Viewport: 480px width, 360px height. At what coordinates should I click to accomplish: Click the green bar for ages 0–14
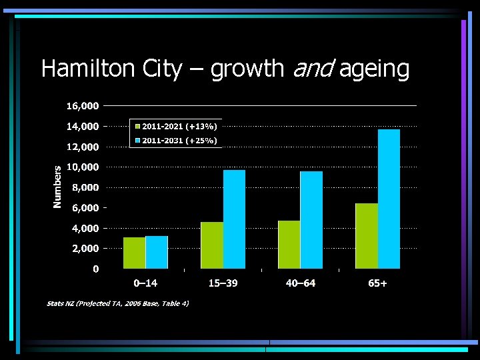coord(134,253)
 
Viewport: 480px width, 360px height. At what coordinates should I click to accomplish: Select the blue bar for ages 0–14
coord(157,252)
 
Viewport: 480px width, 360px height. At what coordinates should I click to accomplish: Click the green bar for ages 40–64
coord(289,244)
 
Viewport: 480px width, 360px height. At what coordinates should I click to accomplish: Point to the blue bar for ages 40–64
coord(311,219)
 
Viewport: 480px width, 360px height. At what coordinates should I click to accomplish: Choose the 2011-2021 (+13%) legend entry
coord(176,126)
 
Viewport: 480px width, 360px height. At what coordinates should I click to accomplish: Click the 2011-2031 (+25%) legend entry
coord(176,140)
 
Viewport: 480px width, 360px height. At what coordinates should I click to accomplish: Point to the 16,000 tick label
coord(83,106)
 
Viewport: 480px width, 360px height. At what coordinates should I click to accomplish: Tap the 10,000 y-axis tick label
coord(83,167)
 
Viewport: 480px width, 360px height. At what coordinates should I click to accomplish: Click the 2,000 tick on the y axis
coord(85,248)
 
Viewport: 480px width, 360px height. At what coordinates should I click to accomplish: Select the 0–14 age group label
coord(145,283)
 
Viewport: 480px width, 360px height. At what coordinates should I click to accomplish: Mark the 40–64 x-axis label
coord(300,283)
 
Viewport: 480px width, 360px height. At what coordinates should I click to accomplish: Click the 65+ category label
coord(377,283)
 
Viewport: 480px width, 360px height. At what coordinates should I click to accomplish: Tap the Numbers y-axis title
coord(58,187)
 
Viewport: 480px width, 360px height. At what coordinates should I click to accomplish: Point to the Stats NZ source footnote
coord(117,303)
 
